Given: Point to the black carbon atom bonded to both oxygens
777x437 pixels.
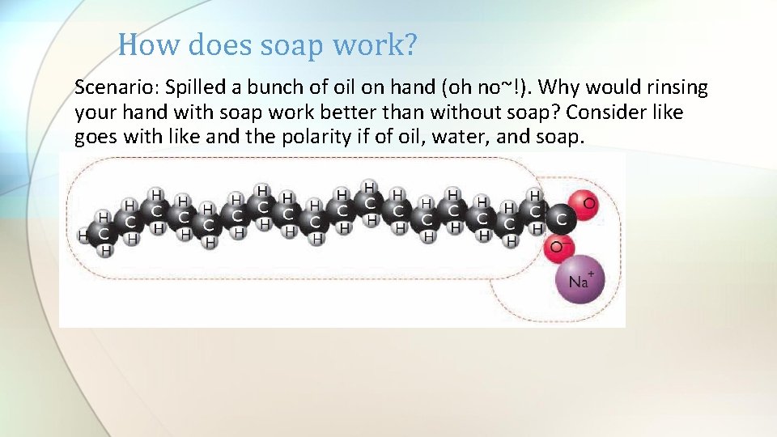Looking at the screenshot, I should click(561, 218).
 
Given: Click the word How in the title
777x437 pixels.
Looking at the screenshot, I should click(146, 45).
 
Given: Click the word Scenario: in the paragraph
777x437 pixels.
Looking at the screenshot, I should click(116, 87).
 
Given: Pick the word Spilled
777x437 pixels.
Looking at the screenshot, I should click(194, 87).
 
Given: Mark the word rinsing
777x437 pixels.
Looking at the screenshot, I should click(678, 87).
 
